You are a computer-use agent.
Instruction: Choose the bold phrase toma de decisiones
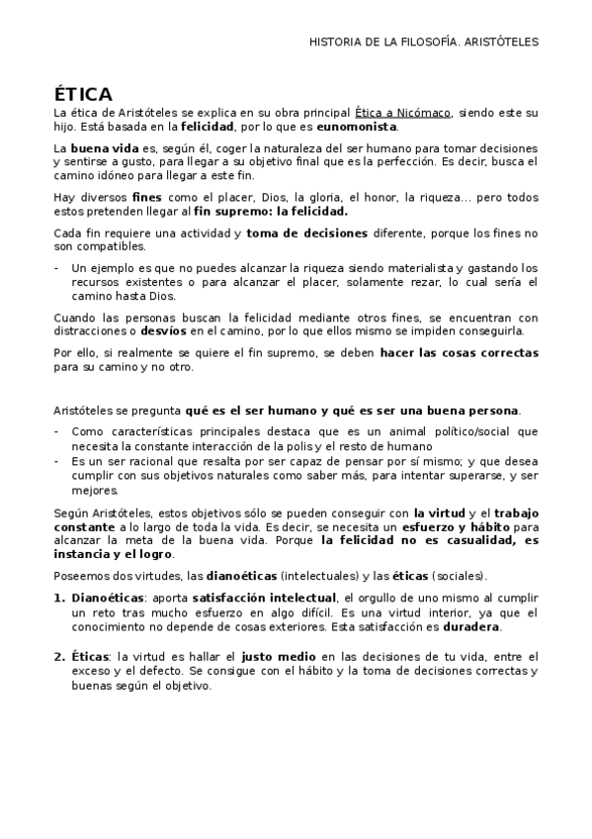[x=305, y=233]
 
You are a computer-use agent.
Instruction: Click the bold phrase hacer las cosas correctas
[x=456, y=353]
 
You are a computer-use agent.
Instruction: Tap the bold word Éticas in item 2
[x=92, y=655]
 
